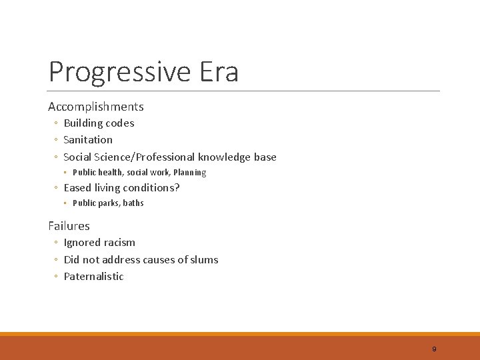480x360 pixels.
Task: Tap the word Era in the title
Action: coord(217,72)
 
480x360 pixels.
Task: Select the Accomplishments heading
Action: coord(96,107)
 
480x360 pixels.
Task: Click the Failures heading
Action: coord(69,226)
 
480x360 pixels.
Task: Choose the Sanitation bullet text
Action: coord(88,140)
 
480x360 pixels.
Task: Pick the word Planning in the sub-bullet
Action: coord(190,173)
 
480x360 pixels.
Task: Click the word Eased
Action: coord(77,188)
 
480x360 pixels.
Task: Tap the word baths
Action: coord(133,203)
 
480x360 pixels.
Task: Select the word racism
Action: coord(117,243)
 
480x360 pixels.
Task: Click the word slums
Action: coord(204,260)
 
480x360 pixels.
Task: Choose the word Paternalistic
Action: coord(93,277)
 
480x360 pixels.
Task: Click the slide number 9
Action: coord(434,349)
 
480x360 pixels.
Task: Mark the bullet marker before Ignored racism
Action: coord(57,243)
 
